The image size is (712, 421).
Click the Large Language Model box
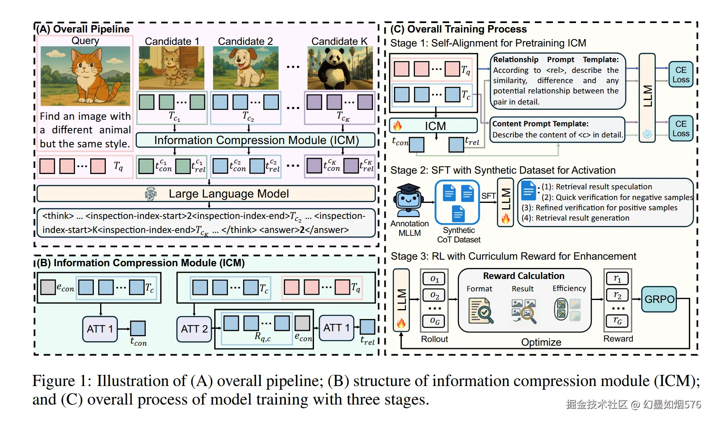(x=206, y=193)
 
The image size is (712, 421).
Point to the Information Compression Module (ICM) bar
(x=255, y=140)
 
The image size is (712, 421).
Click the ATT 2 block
(x=194, y=329)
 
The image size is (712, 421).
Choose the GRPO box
(x=659, y=299)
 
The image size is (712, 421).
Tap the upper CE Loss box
(x=681, y=74)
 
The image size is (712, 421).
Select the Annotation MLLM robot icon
(x=409, y=200)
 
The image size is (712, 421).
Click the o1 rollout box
(x=434, y=279)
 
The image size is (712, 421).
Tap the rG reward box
(x=617, y=320)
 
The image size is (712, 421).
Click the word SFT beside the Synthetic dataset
(x=488, y=196)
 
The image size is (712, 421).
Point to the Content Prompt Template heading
(x=540, y=124)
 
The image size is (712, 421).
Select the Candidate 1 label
(x=172, y=41)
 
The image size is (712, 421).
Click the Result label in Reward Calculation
(x=522, y=289)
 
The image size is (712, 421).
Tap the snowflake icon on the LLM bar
(x=647, y=134)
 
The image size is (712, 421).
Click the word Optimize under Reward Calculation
(x=541, y=342)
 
